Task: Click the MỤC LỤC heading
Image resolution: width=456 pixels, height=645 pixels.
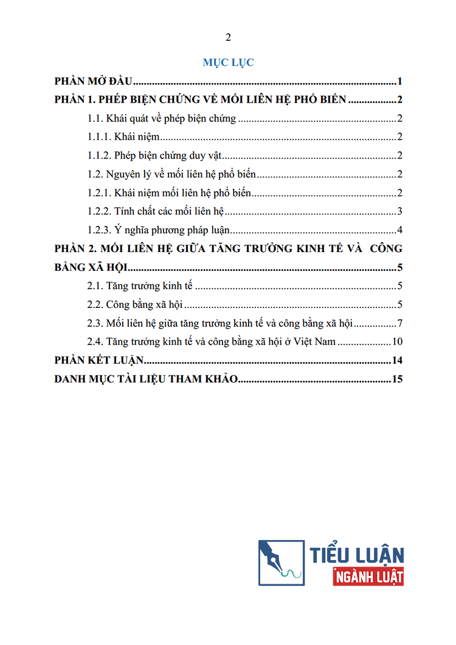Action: click(228, 62)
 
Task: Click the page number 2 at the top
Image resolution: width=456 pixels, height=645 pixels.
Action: click(228, 38)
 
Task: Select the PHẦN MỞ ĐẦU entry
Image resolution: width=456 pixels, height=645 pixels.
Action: click(94, 82)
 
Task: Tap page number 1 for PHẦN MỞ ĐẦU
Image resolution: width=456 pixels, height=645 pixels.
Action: click(401, 82)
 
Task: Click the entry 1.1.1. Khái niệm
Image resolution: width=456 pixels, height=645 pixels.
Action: click(123, 137)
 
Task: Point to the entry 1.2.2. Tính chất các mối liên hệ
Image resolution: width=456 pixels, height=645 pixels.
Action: click(156, 211)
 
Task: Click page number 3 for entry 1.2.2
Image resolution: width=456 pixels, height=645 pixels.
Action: click(400, 211)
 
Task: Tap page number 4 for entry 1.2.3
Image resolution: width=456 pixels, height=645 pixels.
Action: click(400, 230)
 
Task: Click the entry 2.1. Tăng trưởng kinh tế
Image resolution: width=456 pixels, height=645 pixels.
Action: click(140, 286)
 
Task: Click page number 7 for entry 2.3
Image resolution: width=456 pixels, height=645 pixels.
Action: click(400, 323)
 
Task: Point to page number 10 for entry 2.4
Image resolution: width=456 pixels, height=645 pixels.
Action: click(398, 341)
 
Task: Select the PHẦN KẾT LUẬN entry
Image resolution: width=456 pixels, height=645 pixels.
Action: click(98, 361)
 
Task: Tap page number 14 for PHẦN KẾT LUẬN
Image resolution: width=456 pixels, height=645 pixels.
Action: click(398, 361)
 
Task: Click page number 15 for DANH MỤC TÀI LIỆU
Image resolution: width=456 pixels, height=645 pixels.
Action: click(398, 380)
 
